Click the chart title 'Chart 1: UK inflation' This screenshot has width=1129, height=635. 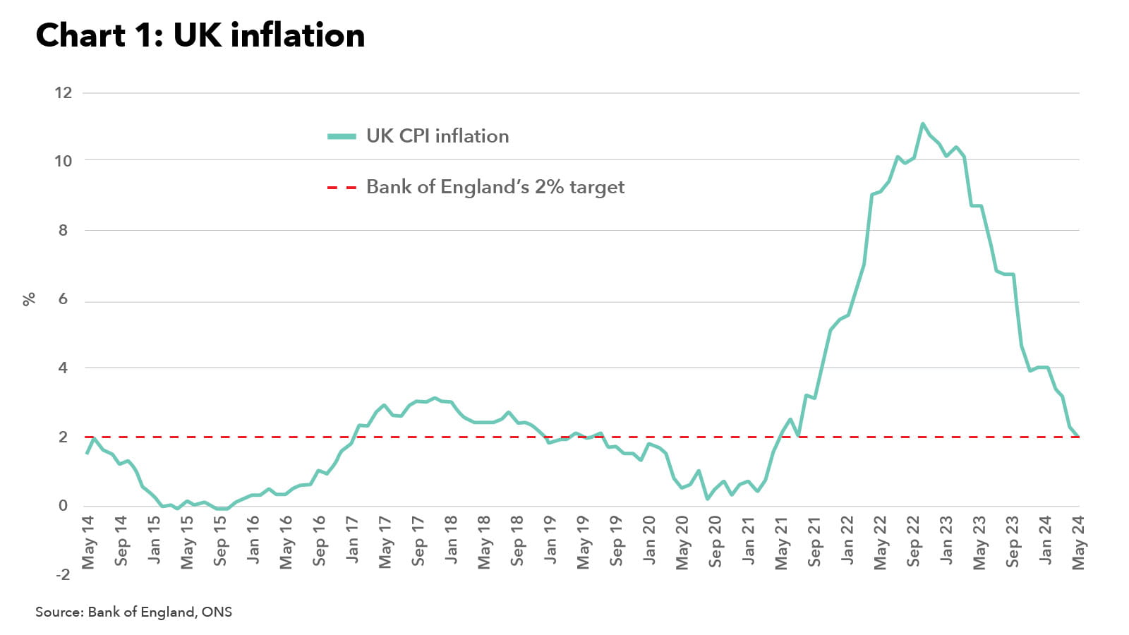200,35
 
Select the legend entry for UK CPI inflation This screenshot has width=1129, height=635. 437,136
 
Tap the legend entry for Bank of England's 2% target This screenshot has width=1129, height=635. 495,187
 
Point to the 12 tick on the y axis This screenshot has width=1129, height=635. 64,92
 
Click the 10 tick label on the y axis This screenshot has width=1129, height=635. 64,161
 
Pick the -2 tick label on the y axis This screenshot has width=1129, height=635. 64,574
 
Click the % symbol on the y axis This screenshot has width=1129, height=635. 29,299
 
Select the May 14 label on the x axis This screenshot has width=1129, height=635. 88,542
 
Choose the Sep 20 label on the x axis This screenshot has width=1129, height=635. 715,541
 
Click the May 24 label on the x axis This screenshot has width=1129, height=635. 1078,542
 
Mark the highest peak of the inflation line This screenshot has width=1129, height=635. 922,124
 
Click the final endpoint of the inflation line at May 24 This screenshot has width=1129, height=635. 1078,437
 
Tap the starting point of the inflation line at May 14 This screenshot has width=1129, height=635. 86,453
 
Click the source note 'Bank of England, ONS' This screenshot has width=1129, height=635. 133,612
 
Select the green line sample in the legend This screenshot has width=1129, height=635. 342,136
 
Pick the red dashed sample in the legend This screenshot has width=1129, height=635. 342,188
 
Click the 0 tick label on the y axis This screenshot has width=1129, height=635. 64,505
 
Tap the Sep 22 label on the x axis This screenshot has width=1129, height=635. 913,541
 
